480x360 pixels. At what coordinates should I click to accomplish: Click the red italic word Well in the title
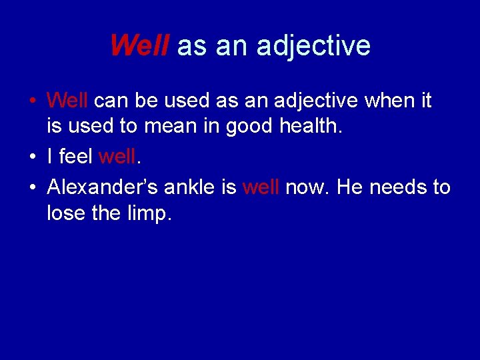pyautogui.click(x=141, y=45)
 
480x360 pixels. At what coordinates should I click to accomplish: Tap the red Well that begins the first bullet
pyautogui.click(x=67, y=101)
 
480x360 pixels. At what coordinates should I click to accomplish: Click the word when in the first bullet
pyautogui.click(x=383, y=101)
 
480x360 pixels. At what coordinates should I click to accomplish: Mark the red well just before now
pyautogui.click(x=261, y=187)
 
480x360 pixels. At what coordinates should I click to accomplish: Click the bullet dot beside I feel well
pyautogui.click(x=33, y=158)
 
